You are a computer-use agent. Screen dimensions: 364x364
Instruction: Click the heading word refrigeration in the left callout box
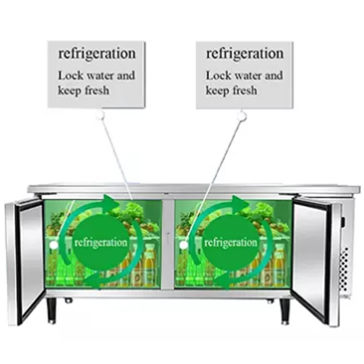tap(96, 54)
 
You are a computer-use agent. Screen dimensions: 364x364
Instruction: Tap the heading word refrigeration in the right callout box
tap(245, 54)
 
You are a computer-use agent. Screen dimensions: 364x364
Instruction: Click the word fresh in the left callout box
tap(96, 90)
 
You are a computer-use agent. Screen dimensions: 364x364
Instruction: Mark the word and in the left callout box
tap(126, 76)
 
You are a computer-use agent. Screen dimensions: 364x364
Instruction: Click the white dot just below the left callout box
tap(100, 116)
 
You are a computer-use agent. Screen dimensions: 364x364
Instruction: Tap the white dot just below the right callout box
tap(242, 116)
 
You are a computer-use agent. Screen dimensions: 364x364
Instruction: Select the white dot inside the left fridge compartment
tap(54, 245)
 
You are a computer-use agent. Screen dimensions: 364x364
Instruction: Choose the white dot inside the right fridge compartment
tap(183, 245)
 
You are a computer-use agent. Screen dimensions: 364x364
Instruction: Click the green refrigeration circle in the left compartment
tap(101, 242)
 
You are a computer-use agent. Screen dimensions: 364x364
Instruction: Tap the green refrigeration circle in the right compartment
tap(231, 242)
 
